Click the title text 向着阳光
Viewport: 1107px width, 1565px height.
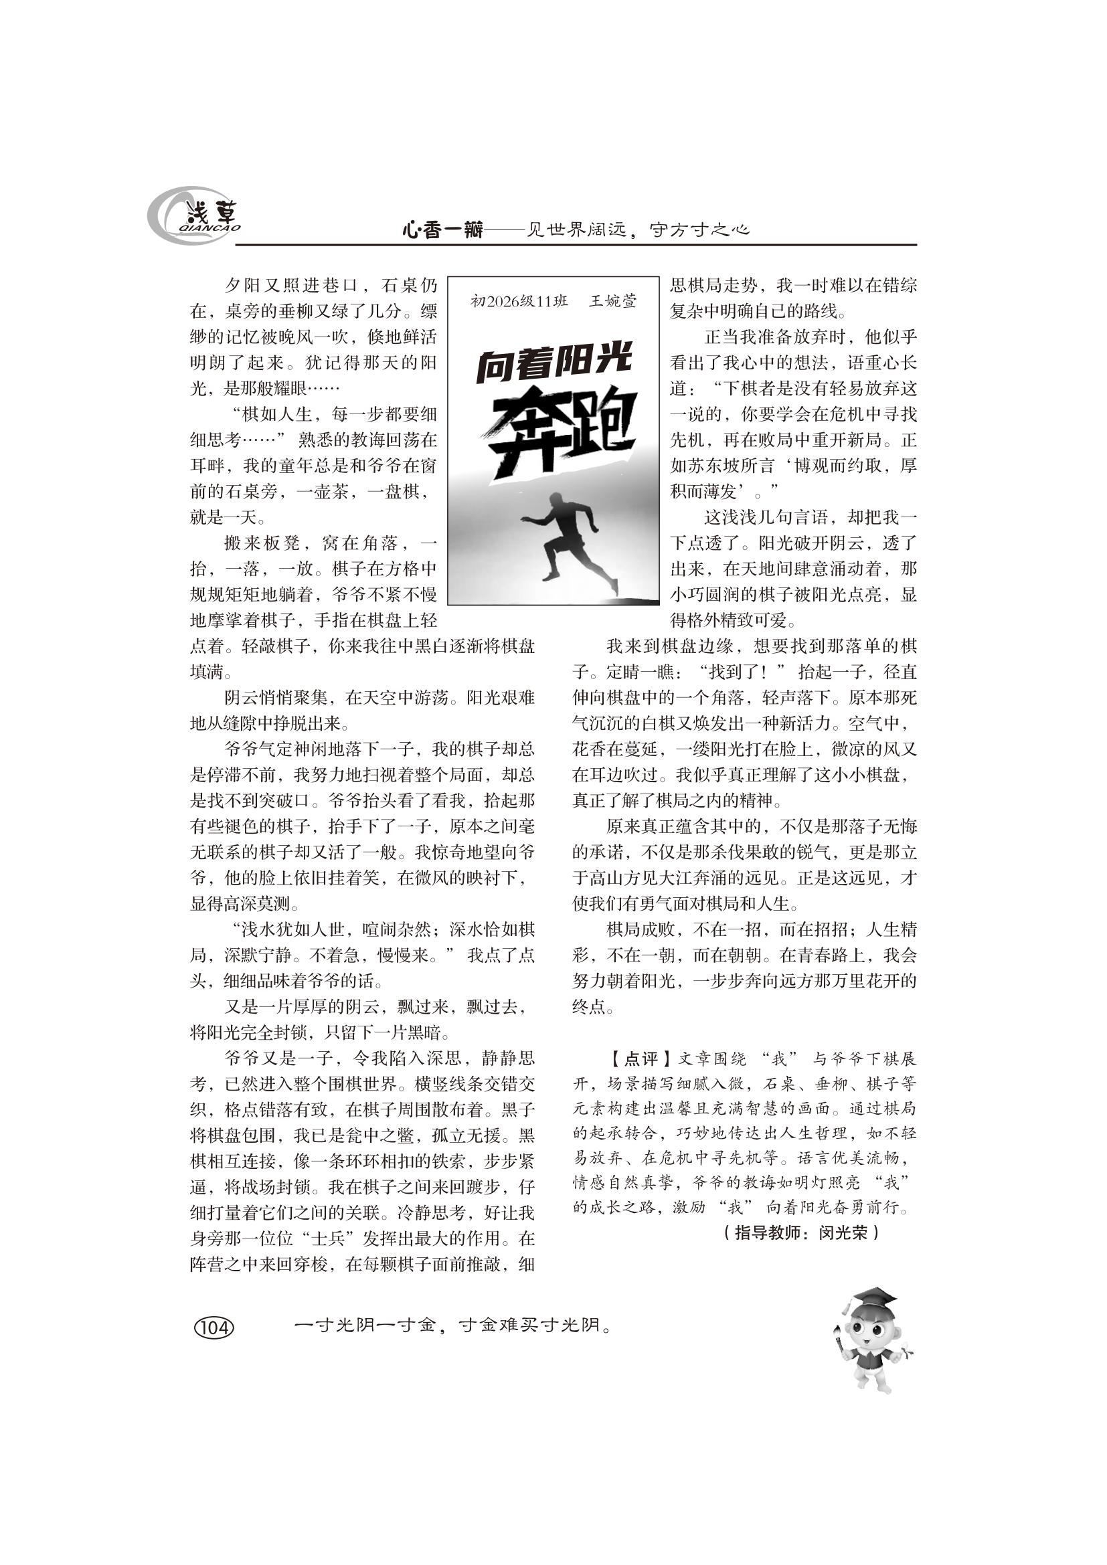click(x=553, y=361)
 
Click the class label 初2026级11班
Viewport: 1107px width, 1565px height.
click(x=519, y=300)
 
